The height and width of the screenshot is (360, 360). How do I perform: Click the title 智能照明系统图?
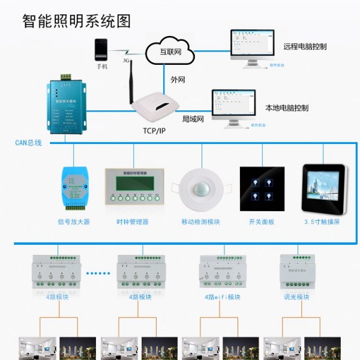[76, 21]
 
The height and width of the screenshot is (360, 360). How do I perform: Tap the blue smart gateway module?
[65, 106]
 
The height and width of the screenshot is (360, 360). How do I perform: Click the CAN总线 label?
[28, 143]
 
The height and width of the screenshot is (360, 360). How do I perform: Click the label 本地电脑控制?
[286, 109]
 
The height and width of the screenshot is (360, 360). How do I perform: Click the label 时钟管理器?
[133, 222]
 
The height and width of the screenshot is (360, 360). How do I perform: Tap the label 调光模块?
[296, 297]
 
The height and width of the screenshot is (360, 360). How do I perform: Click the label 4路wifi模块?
[222, 297]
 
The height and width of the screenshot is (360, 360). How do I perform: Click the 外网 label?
[178, 79]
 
